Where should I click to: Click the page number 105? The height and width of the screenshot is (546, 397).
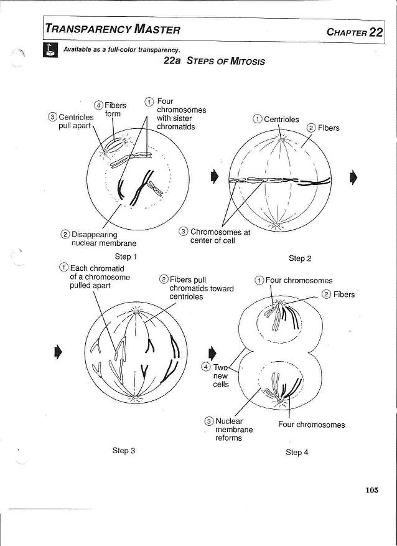pos(371,490)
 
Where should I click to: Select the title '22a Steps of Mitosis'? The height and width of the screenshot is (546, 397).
pos(213,61)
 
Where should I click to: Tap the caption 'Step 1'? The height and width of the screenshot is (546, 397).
pos(126,257)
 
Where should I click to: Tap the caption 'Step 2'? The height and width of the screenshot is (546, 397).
pos(300,258)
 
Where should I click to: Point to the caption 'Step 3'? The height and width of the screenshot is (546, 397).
pos(124,450)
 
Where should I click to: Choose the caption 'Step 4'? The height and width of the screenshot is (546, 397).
pos(297,452)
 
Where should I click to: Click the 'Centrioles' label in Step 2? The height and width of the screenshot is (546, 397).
pos(281,120)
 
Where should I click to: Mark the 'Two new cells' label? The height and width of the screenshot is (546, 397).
pos(220,376)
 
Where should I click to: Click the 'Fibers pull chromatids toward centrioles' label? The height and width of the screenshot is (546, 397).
pos(192,288)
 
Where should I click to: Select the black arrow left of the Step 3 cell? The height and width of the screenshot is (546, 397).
pos(58,351)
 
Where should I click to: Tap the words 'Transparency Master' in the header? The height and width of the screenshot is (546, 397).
pos(113,29)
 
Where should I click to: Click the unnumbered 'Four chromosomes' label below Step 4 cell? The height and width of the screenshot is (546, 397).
pos(311,425)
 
